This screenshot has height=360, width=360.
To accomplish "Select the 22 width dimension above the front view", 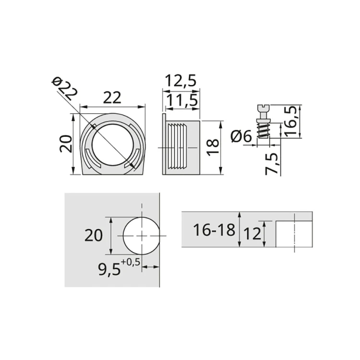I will pos(112,97).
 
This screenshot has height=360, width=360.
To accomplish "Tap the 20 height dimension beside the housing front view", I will pos(66,144).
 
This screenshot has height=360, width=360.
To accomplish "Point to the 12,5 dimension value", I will pos(180,81).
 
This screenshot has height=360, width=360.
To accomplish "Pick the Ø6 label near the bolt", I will pos(241,137).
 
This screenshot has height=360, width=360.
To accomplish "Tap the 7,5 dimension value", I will pos(271,163).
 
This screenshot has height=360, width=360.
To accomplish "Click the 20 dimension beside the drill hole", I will pos(94,235).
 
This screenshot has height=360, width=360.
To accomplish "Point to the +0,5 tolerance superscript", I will pos(130,262).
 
